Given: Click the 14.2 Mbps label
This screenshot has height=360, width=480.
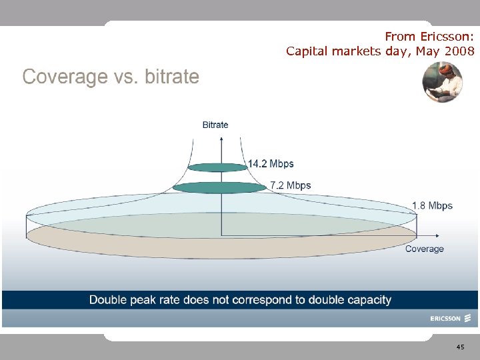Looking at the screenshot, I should click(x=271, y=163).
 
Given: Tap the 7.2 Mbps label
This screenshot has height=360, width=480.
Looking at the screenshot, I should click(x=290, y=185).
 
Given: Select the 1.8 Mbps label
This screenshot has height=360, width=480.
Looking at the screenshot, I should click(x=432, y=205).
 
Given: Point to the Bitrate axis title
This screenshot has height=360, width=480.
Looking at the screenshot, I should click(x=215, y=125).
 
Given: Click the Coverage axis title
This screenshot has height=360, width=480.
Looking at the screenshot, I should click(x=424, y=249).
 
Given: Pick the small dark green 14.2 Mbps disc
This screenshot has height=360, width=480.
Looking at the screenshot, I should click(x=217, y=167).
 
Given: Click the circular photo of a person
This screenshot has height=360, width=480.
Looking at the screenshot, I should click(x=442, y=82).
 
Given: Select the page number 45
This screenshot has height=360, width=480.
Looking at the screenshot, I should click(x=461, y=348).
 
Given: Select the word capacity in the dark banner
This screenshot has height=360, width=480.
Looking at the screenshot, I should click(x=366, y=300).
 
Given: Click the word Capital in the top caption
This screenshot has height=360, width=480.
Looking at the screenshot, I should click(x=309, y=51).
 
